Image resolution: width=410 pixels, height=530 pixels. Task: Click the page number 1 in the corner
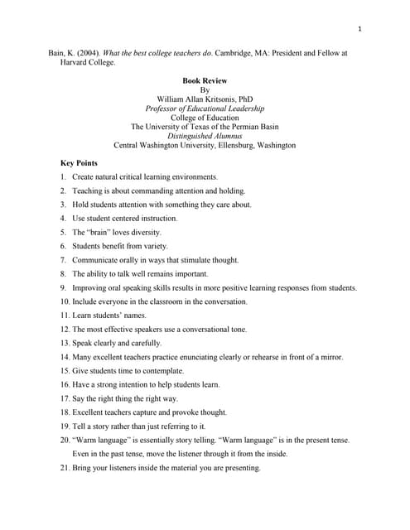[x=359, y=30]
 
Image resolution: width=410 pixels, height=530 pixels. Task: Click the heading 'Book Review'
[x=205, y=80]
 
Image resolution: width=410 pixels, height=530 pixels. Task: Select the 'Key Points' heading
[x=79, y=163]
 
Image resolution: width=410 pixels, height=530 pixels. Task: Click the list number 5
[x=63, y=233]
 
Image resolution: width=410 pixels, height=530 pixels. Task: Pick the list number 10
[x=64, y=301]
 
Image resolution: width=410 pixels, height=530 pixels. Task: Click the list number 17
[x=64, y=398]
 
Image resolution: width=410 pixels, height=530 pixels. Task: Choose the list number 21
[x=64, y=468]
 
